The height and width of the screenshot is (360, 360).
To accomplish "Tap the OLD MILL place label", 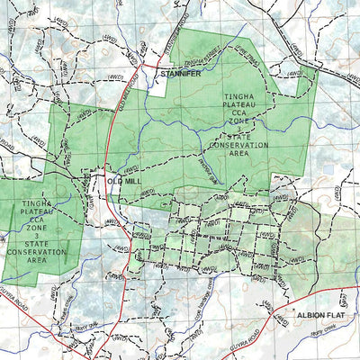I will pos(124,182).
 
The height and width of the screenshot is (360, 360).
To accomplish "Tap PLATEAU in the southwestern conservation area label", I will pos(37,213).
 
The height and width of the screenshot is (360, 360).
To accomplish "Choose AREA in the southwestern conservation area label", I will pos(37,261).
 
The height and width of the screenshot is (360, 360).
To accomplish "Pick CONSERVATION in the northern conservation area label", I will pos(238,144).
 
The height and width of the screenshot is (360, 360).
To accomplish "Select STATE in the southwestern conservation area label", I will pos(37,243).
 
